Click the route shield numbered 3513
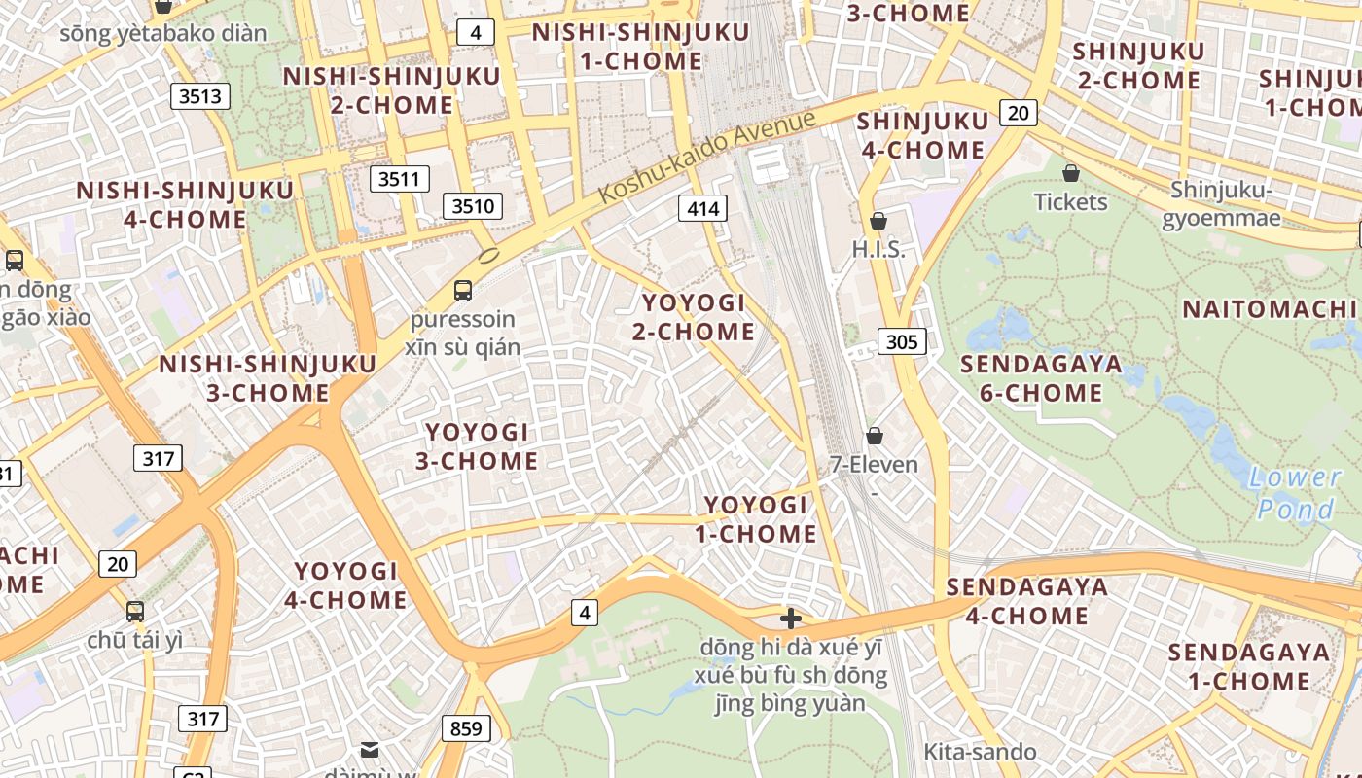click(201, 95)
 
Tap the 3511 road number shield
click(400, 178)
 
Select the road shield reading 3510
click(474, 205)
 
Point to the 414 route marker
click(702, 207)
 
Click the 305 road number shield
click(902, 341)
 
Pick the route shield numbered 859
click(466, 727)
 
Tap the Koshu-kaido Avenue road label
click(706, 157)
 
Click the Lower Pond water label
click(1295, 493)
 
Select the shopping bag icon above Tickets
click(1071, 173)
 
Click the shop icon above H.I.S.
click(878, 221)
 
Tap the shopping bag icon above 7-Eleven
click(875, 435)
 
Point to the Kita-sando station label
click(979, 752)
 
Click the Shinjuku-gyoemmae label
click(1226, 203)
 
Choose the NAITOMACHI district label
click(1269, 309)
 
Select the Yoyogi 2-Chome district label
click(694, 317)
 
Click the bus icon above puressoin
click(463, 290)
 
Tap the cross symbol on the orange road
click(791, 618)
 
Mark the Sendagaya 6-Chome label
click(1041, 378)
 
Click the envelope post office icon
click(370, 749)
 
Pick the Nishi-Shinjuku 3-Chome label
click(268, 378)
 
